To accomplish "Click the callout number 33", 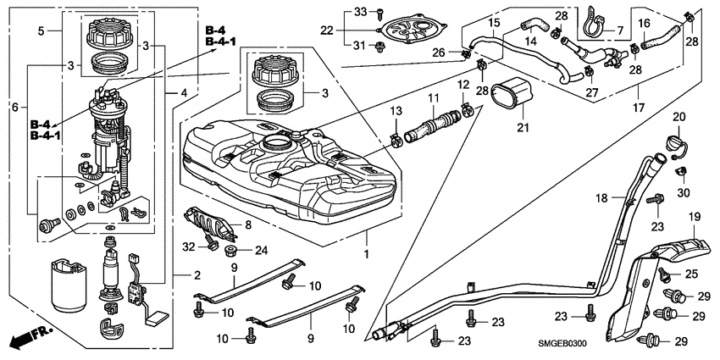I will point(358,11).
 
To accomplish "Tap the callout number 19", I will point(694,218).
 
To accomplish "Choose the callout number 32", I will point(187,246).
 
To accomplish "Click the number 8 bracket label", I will point(248,224).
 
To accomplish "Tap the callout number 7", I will point(619,30).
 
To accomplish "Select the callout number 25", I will point(690,274).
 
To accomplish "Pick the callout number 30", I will point(683,193).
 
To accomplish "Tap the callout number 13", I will point(396,111).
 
